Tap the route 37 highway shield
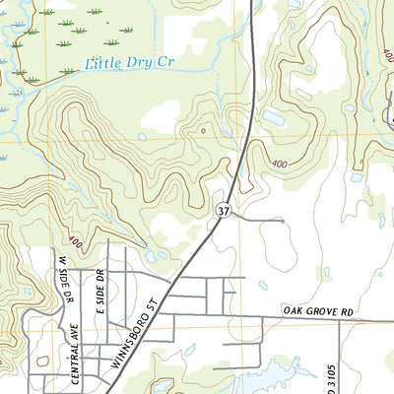tap(224, 210)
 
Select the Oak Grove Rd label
tap(317, 311)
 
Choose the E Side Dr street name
tap(99, 286)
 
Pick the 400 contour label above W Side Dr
tap(75, 239)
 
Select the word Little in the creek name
tap(103, 66)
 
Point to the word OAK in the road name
tap(291, 311)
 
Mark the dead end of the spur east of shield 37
tap(284, 222)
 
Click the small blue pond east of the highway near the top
tap(273, 118)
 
